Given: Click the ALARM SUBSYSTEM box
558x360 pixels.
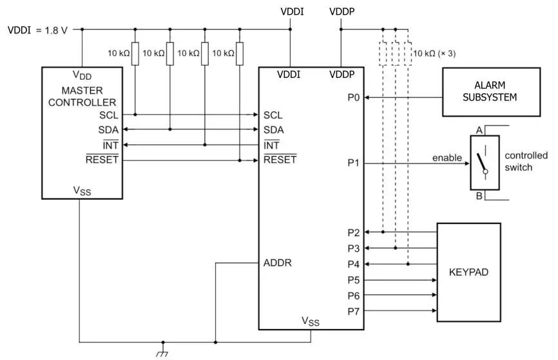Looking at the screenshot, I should pyautogui.click(x=490, y=91).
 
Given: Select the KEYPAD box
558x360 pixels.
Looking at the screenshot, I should pyautogui.click(x=468, y=272).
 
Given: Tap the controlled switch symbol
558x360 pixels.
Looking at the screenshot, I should pyautogui.click(x=484, y=163).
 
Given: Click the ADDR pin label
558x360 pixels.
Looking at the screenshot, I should pyautogui.click(x=278, y=263).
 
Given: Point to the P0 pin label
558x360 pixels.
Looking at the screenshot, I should pyautogui.click(x=353, y=98).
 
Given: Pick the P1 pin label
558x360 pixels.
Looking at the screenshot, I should pyautogui.click(x=353, y=163).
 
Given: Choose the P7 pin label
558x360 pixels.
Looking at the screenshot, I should pyautogui.click(x=353, y=312).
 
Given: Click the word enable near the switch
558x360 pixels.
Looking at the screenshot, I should pyautogui.click(x=447, y=158).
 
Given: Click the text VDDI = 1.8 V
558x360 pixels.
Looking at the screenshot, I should pyautogui.click(x=37, y=30).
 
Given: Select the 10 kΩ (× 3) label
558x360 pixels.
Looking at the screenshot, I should pyautogui.click(x=434, y=53).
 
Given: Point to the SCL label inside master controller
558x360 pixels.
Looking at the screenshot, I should pyautogui.click(x=109, y=115).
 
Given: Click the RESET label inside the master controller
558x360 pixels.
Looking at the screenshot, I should pyautogui.click(x=102, y=160).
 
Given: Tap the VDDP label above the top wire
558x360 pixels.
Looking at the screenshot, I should pyautogui.click(x=342, y=12).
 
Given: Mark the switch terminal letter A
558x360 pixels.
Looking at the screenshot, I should pyautogui.click(x=479, y=131).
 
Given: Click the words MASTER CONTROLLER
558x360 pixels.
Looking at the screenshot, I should pyautogui.click(x=81, y=96).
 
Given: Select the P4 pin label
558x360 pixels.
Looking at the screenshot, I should pyautogui.click(x=353, y=264).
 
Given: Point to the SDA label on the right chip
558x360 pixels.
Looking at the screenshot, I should pyautogui.click(x=274, y=130).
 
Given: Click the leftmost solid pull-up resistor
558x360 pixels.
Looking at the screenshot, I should pyautogui.click(x=135, y=53).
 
